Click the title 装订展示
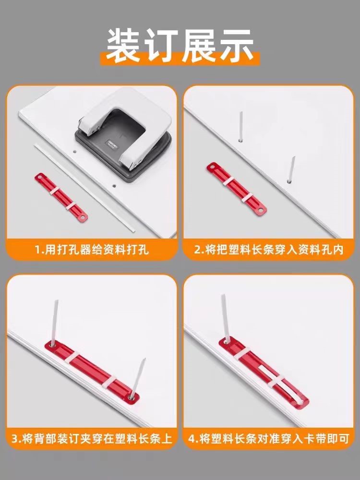pyautogui.click(x=180, y=46)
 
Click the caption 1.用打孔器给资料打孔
pyautogui.click(x=92, y=250)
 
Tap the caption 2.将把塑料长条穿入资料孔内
pyautogui.click(x=269, y=250)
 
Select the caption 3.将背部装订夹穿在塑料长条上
pyautogui.click(x=92, y=439)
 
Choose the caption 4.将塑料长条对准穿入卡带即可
pyautogui.click(x=269, y=439)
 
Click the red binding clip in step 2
pyautogui.click(x=236, y=188)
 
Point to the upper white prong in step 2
pyautogui.click(x=241, y=126)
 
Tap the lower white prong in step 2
pyautogui.click(x=291, y=169)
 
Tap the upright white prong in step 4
pyautogui.click(x=225, y=318)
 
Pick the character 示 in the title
pyautogui.click(x=236, y=46)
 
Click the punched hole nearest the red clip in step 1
pyautogui.click(x=74, y=151)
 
